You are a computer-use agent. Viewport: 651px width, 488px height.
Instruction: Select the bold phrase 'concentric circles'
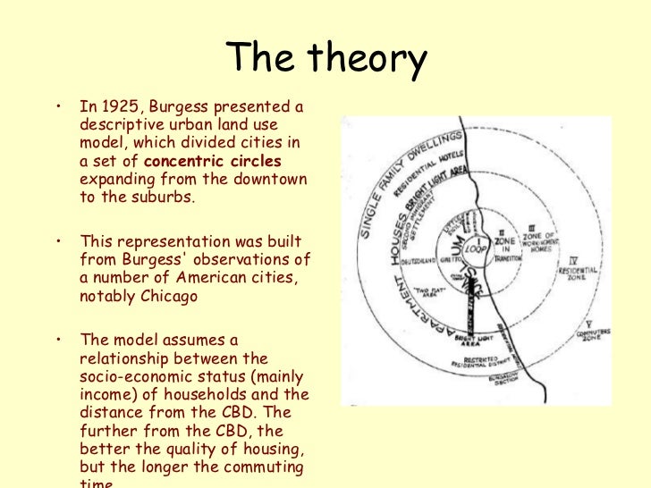coord(213,162)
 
